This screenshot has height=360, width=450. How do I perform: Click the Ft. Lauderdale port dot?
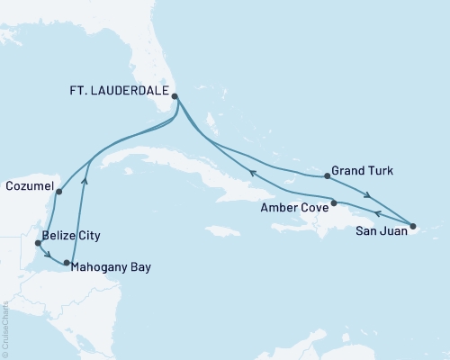175,96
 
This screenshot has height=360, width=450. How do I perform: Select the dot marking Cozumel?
58,192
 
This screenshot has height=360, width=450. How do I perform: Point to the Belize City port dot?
38,243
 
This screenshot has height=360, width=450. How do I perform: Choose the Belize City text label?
70,235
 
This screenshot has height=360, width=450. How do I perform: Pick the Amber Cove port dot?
334,203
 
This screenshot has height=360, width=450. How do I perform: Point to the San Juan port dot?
413,226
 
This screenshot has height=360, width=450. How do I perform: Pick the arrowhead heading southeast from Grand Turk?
368,193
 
